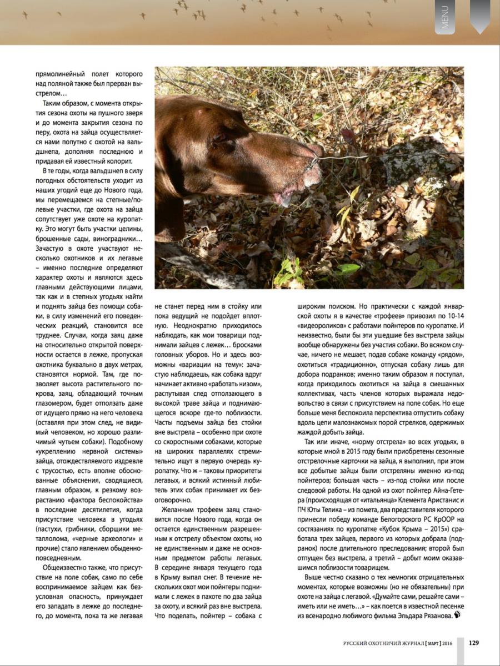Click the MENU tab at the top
(x=445, y=17)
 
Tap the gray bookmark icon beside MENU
(x=479, y=14)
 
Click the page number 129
(x=474, y=643)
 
